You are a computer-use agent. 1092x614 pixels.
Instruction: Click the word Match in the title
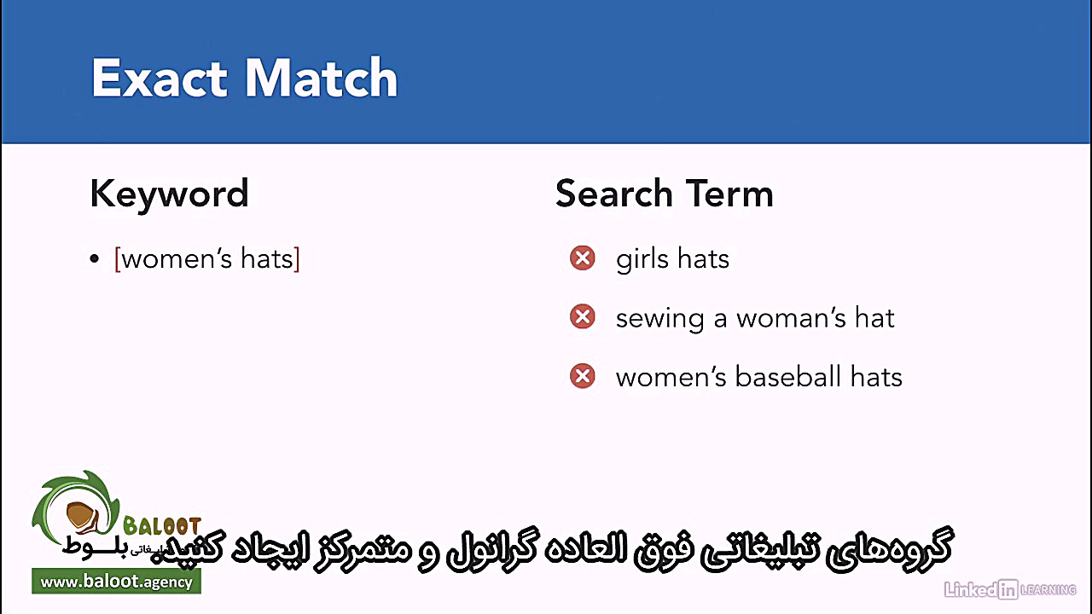click(322, 78)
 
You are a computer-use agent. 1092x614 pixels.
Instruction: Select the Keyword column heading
click(169, 194)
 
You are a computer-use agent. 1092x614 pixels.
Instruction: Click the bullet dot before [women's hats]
click(95, 259)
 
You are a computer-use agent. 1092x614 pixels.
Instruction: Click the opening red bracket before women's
click(117, 259)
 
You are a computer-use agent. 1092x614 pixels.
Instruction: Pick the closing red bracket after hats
click(297, 259)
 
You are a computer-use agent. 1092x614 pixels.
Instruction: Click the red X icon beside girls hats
click(583, 258)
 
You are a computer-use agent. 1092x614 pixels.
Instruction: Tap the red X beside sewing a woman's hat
click(583, 317)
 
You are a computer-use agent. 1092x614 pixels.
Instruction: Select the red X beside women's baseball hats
click(583, 376)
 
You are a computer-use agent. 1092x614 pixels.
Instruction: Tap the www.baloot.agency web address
click(117, 582)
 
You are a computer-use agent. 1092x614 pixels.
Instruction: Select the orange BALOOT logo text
click(162, 526)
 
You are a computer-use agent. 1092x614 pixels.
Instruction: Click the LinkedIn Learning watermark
click(1009, 588)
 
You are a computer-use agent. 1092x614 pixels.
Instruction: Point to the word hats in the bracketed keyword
click(267, 259)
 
